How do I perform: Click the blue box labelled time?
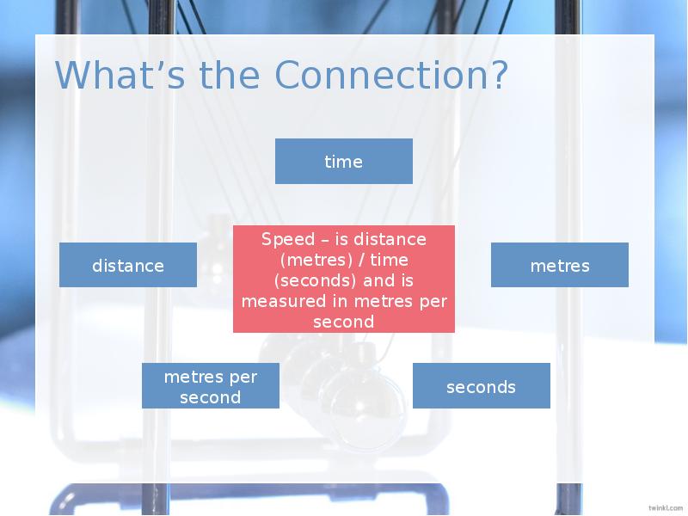tap(343, 162)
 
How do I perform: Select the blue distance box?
tap(128, 265)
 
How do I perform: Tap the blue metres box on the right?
tap(560, 265)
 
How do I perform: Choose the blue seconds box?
tap(481, 386)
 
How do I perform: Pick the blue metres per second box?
tap(211, 386)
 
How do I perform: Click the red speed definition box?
tap(343, 279)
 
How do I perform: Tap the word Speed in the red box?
tap(288, 239)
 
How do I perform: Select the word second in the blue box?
tap(211, 397)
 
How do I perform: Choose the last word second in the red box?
tap(343, 322)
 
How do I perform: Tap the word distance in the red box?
tap(390, 239)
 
